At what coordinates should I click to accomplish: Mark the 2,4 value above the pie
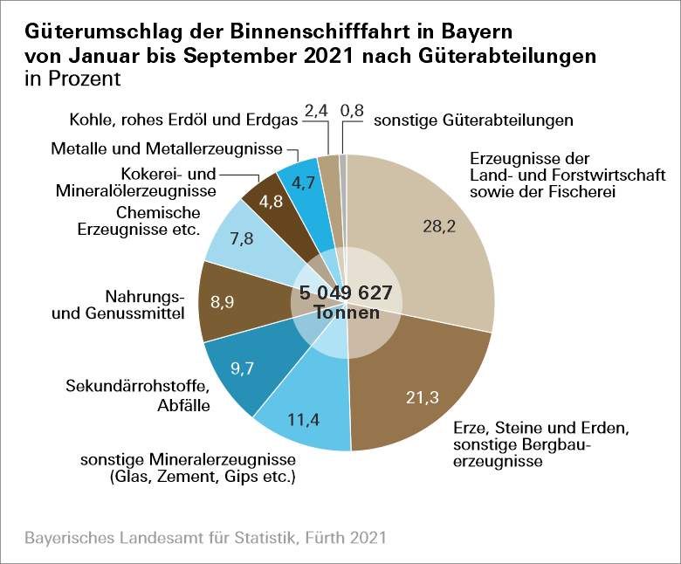click(x=316, y=111)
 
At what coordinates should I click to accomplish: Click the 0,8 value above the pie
click(x=352, y=111)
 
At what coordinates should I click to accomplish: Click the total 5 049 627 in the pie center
click(x=346, y=292)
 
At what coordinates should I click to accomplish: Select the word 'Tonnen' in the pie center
click(x=346, y=312)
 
